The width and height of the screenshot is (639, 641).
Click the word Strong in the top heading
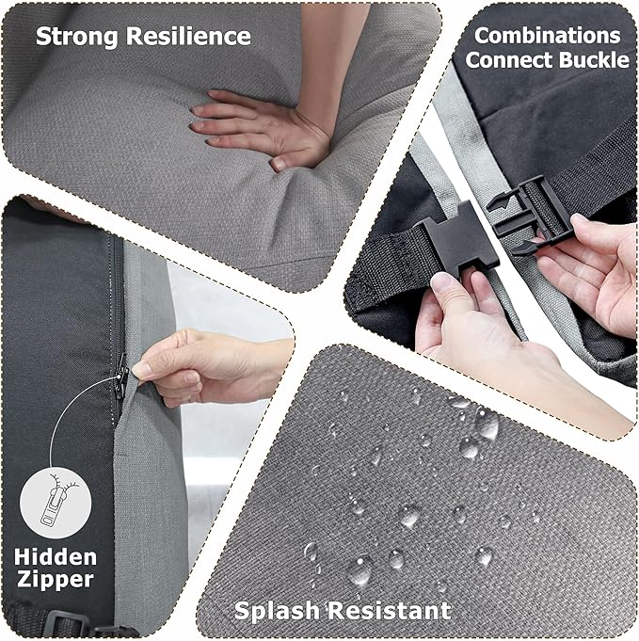pyautogui.click(x=77, y=37)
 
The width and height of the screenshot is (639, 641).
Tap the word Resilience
pyautogui.click(x=188, y=36)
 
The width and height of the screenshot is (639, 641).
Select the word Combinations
pyautogui.click(x=548, y=36)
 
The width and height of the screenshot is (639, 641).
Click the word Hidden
pyautogui.click(x=56, y=557)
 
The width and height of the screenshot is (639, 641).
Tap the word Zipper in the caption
pyautogui.click(x=56, y=580)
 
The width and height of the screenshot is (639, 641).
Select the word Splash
pyautogui.click(x=279, y=611)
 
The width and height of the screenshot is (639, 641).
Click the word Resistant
pyautogui.click(x=391, y=611)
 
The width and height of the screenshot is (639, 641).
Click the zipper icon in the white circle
pyautogui.click(x=56, y=502)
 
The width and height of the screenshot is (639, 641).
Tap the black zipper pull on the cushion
pyautogui.click(x=121, y=377)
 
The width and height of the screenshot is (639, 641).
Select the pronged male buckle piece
pyautogui.click(x=530, y=214)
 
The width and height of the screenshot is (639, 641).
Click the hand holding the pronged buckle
pyautogui.click(x=589, y=270)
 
